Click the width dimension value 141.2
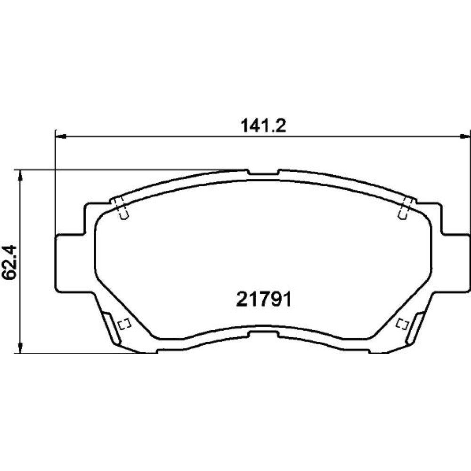(263, 126)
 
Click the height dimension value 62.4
(8, 261)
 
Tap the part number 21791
(264, 300)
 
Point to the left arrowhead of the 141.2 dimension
(61, 137)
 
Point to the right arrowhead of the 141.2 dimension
(465, 137)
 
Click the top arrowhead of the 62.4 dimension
(20, 175)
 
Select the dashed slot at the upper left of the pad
(122, 208)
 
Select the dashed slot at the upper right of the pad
(405, 208)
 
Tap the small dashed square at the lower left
(124, 324)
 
